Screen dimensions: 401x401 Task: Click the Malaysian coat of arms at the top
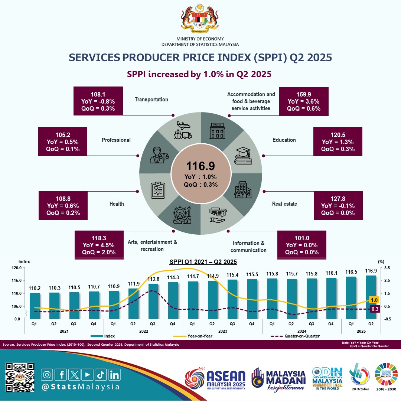(200, 18)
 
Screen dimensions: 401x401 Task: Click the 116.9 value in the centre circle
(200, 166)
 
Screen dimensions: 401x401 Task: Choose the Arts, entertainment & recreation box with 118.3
(99, 243)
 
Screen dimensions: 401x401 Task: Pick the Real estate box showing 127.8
(338, 205)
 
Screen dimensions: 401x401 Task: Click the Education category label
(284, 140)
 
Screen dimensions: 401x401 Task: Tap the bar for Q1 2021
(35, 306)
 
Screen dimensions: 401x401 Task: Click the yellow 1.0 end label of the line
(374, 300)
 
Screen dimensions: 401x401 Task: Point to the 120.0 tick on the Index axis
(17, 268)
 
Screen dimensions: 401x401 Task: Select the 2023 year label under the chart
(222, 331)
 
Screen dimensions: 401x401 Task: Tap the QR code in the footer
(20, 377)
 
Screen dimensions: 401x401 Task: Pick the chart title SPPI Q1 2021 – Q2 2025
(203, 262)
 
